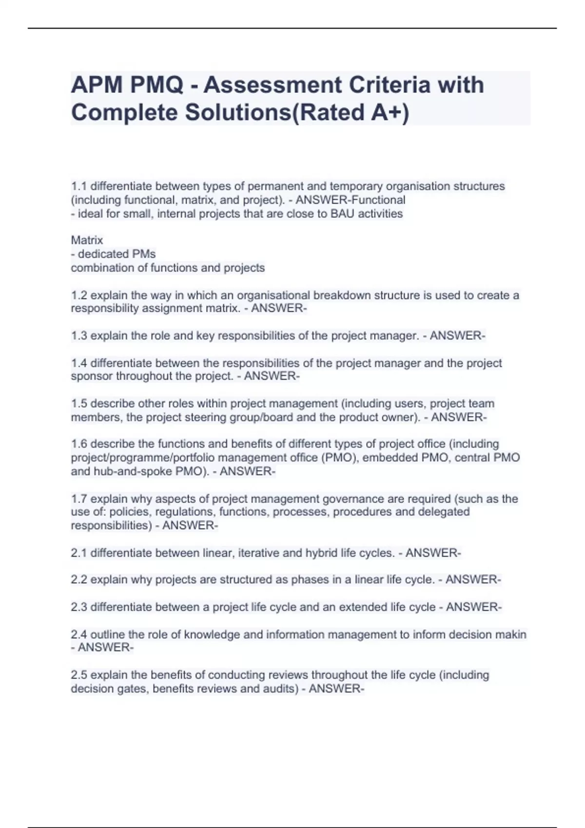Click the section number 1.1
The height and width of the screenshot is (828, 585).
(x=79, y=187)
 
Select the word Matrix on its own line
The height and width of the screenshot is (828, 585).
(x=87, y=240)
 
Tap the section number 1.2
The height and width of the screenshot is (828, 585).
(x=79, y=296)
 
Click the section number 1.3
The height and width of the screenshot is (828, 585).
(x=79, y=336)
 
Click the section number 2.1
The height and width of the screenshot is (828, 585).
(x=79, y=553)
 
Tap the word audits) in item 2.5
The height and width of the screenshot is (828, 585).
(x=280, y=689)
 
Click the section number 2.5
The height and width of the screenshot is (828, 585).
(x=79, y=675)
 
